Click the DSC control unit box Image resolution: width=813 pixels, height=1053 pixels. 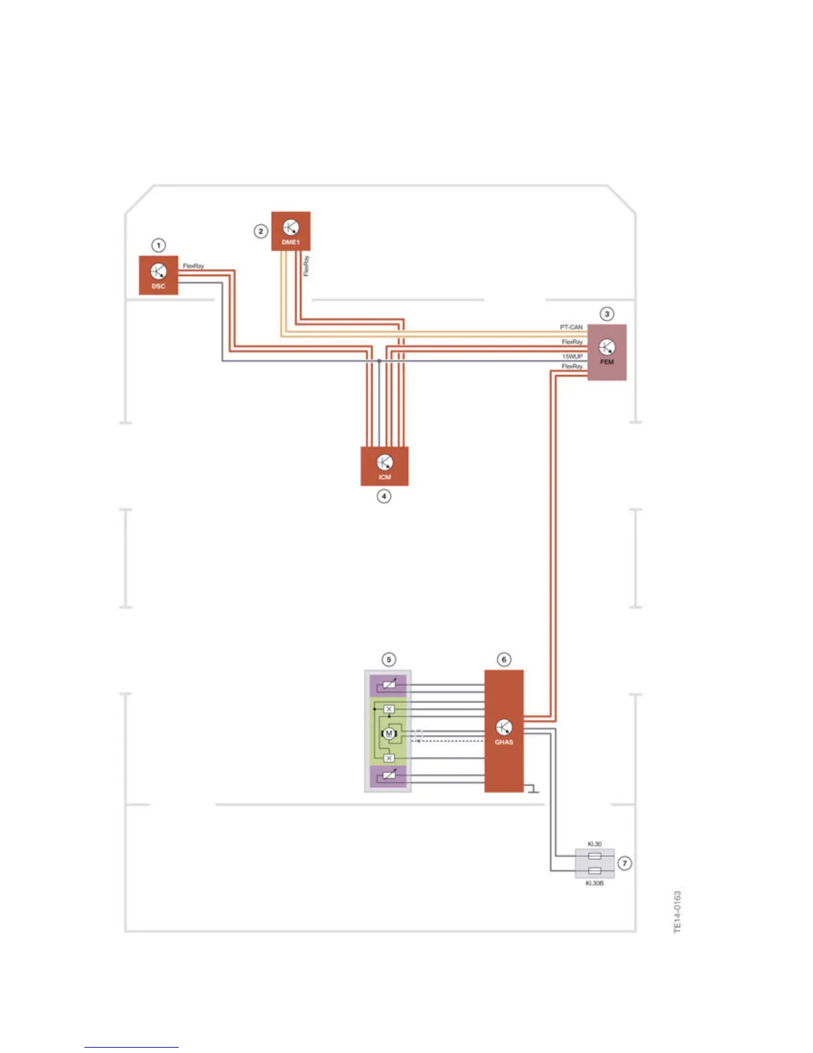coord(158,275)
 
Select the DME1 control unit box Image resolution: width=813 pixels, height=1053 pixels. coord(290,231)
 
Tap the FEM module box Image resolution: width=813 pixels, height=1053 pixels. coord(606,352)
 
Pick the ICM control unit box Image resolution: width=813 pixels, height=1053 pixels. coord(384,465)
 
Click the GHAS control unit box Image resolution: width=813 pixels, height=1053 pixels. coord(503,731)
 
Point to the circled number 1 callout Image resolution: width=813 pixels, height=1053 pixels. coord(158,245)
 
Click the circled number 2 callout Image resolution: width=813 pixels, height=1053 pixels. coord(261,231)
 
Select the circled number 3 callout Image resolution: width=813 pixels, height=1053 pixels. coord(606,314)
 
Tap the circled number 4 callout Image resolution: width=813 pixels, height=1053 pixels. coord(384,496)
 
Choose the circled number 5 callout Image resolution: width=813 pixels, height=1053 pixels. coord(389,659)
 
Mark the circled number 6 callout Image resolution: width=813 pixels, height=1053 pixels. coord(503,659)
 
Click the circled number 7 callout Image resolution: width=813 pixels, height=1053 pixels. coord(624,863)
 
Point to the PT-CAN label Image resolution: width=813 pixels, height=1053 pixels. coord(571,327)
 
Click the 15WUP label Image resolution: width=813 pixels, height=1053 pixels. coord(572,356)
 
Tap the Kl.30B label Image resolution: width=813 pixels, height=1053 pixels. coord(594,883)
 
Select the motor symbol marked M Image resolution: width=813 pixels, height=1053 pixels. coord(389,734)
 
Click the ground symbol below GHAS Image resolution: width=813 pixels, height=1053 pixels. coord(532,790)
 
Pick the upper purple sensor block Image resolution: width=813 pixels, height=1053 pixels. coord(389,685)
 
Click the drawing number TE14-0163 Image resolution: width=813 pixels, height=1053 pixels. coord(677,911)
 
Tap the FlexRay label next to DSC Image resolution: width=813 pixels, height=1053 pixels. coord(193,266)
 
